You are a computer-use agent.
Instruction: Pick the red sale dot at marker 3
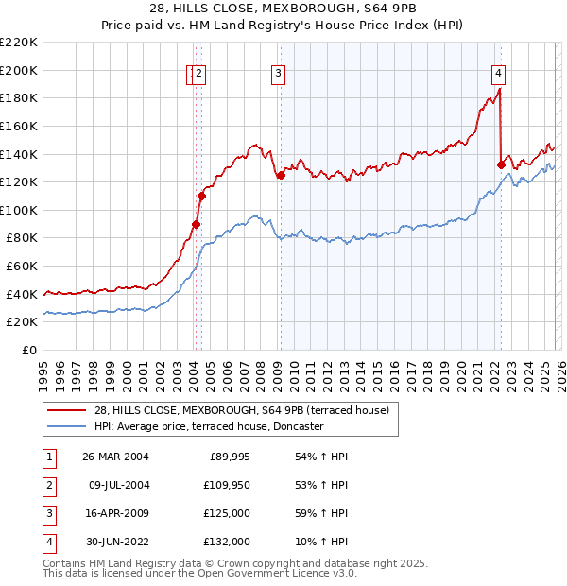[281, 175]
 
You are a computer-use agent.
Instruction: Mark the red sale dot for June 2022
[501, 164]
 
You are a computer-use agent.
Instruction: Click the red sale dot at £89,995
[197, 224]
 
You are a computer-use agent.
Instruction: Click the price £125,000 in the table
[227, 513]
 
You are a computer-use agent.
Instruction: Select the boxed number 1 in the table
[48, 457]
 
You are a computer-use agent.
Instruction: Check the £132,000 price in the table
[227, 542]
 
